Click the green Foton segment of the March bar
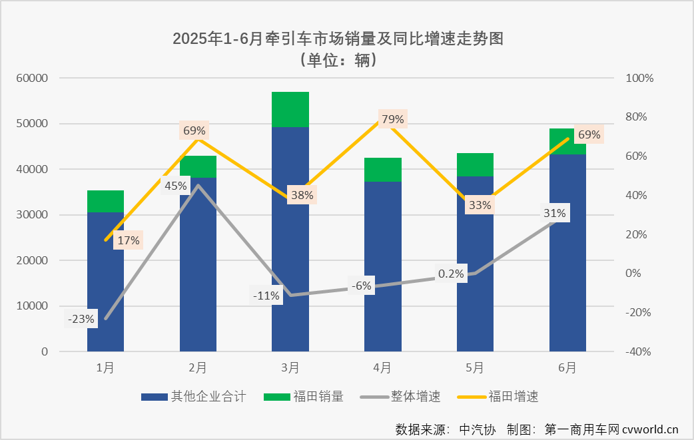coord(290,109)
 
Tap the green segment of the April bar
coord(382,170)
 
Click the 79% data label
coord(392,119)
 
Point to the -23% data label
coord(81,319)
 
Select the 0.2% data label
coord(451,274)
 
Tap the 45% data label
coord(175,186)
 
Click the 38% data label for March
coord(301,196)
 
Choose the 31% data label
coord(554,213)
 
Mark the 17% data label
coord(127,240)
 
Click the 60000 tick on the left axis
coord(33,78)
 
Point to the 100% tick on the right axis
coord(641,78)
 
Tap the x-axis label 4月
coord(382,367)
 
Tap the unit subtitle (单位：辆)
coord(338,59)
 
